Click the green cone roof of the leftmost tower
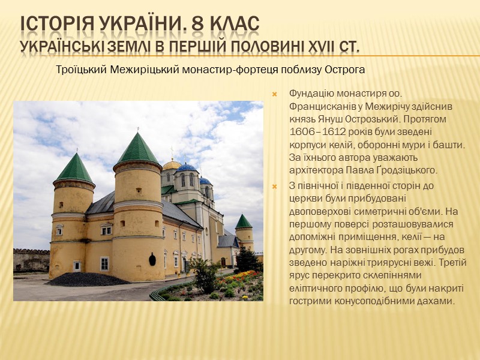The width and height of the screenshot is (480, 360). pyautogui.click(x=74, y=170)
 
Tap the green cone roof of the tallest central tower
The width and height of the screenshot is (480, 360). pyautogui.click(x=137, y=149)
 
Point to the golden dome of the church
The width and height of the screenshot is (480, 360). pyautogui.click(x=172, y=164)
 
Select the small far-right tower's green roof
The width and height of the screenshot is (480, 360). pyautogui.click(x=243, y=222)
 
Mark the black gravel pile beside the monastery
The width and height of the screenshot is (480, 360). pyautogui.click(x=88, y=279)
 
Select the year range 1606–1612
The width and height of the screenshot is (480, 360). pyautogui.click(x=322, y=131)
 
